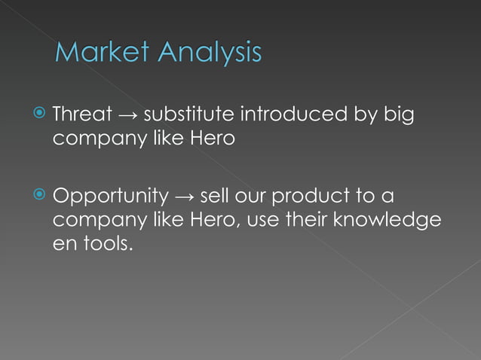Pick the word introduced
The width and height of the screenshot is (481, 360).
[x=294, y=115]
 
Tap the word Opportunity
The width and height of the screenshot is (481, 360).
[x=110, y=197]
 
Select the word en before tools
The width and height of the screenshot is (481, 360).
[x=64, y=245]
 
